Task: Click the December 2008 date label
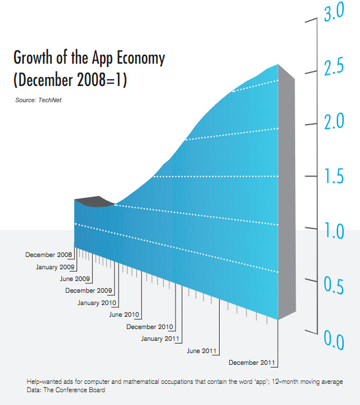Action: (49, 255)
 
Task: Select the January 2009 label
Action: (55, 267)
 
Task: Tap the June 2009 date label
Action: (75, 279)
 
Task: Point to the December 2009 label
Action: (89, 290)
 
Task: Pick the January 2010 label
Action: (96, 303)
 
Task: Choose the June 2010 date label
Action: (124, 315)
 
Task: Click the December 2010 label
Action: (150, 327)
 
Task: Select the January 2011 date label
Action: (159, 339)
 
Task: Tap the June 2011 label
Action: (201, 351)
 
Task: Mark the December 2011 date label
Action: (253, 363)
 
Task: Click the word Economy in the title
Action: (138, 58)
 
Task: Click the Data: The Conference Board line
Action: (66, 390)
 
